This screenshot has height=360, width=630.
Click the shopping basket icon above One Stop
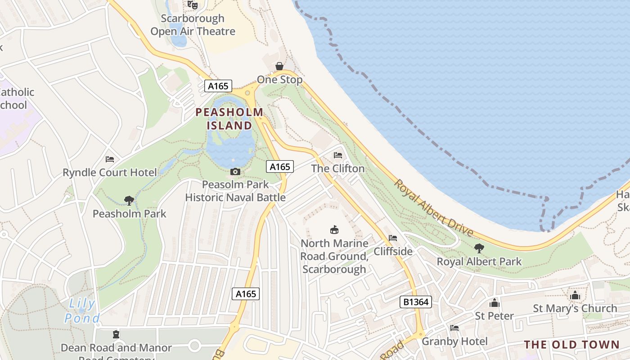[x=279, y=67]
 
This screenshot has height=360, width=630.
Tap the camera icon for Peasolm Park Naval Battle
[x=235, y=171]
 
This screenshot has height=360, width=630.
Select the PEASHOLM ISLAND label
[x=229, y=119]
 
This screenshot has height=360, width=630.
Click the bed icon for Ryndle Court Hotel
[x=110, y=159]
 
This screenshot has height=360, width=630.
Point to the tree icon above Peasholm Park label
[x=129, y=200]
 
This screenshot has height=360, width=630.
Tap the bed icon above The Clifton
[x=338, y=155]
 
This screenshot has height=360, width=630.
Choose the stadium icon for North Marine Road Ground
[x=334, y=230]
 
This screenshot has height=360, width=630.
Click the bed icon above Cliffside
[x=393, y=238]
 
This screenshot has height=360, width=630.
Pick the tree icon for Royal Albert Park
[x=479, y=248]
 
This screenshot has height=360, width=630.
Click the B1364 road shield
[x=416, y=302]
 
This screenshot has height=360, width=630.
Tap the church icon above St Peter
[x=495, y=303]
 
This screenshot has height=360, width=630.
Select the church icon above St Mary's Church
[x=575, y=296]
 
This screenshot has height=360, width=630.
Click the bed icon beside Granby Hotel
[x=454, y=328]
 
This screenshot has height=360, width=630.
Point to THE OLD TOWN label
[x=571, y=345]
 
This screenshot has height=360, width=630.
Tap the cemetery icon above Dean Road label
[x=116, y=334]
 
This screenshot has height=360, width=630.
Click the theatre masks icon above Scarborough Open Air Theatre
[x=193, y=5]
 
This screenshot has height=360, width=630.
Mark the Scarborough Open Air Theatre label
[x=193, y=25]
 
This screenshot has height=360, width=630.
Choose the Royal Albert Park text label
[x=479, y=261]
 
